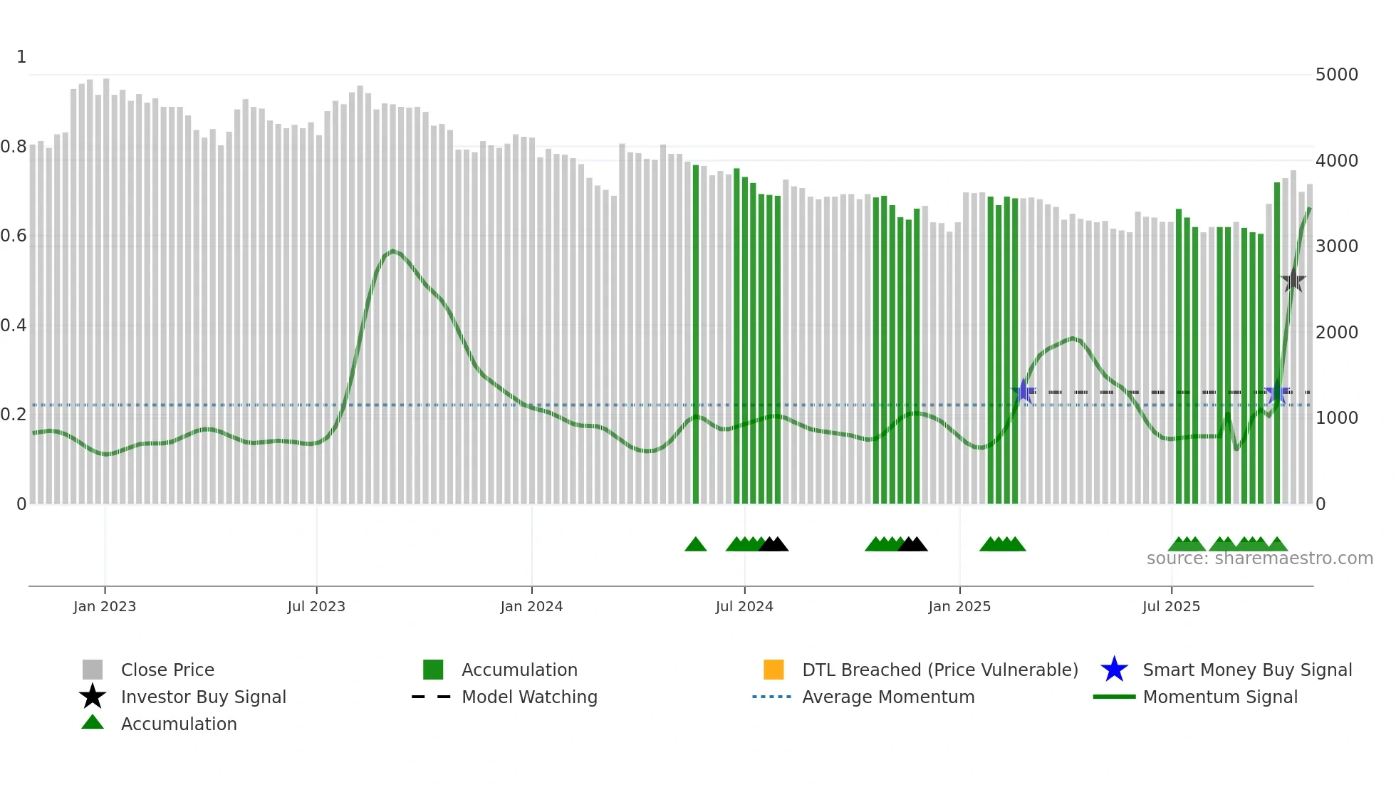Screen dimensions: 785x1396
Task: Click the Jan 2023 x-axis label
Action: tap(105, 606)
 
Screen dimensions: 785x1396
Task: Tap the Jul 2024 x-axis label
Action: tap(744, 606)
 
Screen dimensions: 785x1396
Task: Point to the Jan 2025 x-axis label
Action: tap(959, 606)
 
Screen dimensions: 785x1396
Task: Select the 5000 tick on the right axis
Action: tap(1337, 75)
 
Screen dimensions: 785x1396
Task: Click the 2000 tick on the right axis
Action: tap(1337, 332)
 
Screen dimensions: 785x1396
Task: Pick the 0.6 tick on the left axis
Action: tap(14, 236)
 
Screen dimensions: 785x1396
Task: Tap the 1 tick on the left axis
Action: tap(21, 57)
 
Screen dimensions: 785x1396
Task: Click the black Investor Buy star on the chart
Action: tap(1293, 281)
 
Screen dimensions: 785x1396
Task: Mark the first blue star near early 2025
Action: tap(1023, 391)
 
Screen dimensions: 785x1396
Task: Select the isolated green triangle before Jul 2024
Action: tap(695, 545)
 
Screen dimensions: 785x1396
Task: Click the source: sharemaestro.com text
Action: tap(1259, 558)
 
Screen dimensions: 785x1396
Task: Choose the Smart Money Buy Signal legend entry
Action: tap(1246, 670)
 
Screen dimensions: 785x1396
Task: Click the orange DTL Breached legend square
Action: tap(773, 670)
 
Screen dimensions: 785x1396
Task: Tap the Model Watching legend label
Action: tap(529, 697)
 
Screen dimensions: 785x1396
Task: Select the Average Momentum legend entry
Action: tap(887, 697)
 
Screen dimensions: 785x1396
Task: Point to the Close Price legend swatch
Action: tap(93, 670)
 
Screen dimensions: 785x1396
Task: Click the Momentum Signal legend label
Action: tap(1219, 697)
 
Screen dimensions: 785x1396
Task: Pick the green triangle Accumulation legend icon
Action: tap(93, 722)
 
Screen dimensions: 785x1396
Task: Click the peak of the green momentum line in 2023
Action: tap(392, 251)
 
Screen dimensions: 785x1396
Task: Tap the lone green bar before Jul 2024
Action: tap(696, 335)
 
